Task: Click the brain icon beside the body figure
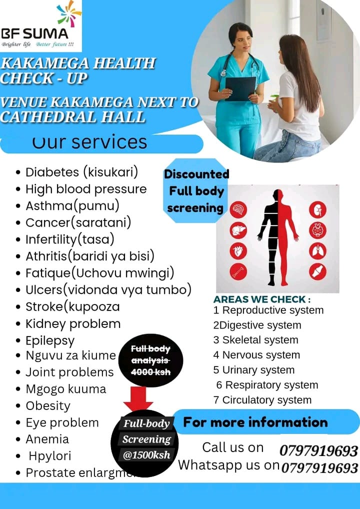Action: click(238, 209)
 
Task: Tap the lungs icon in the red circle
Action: click(317, 250)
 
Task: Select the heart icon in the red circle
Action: click(238, 250)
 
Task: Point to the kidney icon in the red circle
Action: click(317, 209)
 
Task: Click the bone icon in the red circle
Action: click(238, 271)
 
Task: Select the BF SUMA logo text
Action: click(34, 34)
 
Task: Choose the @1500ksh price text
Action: click(147, 455)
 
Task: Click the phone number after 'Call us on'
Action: click(318, 451)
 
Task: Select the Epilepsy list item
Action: click(50, 341)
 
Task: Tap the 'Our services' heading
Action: click(90, 142)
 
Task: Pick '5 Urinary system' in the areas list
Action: click(253, 370)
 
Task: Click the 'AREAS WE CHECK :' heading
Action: click(262, 299)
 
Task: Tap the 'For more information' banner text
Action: click(255, 422)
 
